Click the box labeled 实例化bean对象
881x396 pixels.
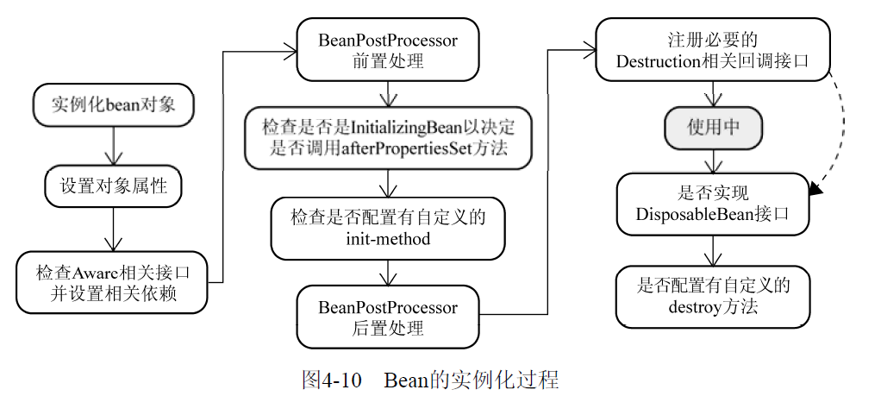click(x=113, y=104)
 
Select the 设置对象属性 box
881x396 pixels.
click(x=113, y=185)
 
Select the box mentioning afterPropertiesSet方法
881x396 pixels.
click(x=388, y=137)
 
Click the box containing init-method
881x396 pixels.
click(x=388, y=228)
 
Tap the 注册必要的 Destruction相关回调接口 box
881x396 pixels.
click(x=712, y=51)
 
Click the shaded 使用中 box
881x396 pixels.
click(x=712, y=128)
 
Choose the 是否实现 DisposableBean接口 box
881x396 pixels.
click(x=712, y=204)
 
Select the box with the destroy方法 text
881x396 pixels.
click(x=712, y=296)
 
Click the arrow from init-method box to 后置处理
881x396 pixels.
click(x=388, y=273)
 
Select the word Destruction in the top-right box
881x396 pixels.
click(x=660, y=61)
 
